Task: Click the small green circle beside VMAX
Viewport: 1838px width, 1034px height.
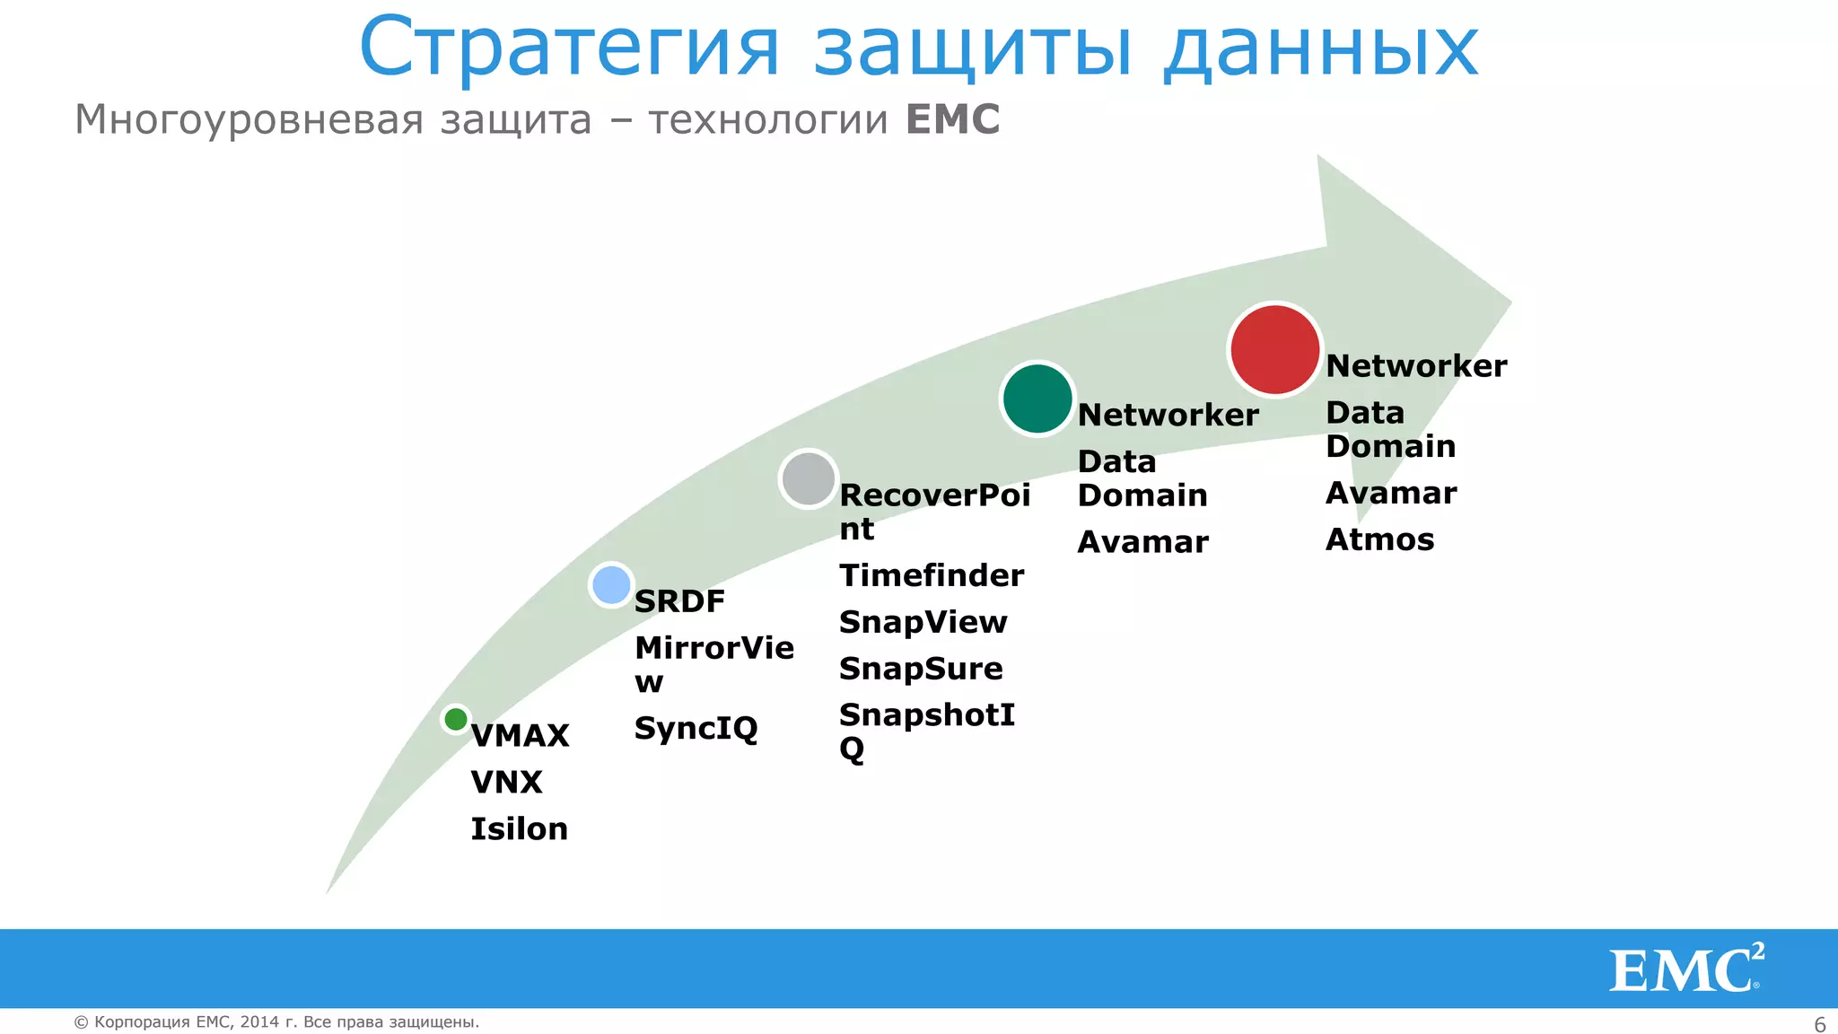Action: point(456,719)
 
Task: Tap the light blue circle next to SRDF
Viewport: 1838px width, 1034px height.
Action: point(611,585)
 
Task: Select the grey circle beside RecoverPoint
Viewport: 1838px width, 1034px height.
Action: point(809,478)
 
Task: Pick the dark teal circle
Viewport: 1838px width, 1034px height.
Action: point(1037,399)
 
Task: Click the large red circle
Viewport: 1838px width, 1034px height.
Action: point(1274,349)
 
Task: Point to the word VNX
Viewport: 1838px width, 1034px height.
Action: point(506,782)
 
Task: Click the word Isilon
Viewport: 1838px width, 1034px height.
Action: point(519,828)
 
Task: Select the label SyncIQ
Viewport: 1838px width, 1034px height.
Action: point(696,728)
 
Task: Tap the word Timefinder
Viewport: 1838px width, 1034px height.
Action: point(931,575)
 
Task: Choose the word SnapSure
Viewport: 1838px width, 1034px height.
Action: point(920,669)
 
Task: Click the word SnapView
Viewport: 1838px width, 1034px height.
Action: point(923,622)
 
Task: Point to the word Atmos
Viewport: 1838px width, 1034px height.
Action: point(1379,539)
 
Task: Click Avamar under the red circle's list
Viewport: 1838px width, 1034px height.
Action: point(1390,493)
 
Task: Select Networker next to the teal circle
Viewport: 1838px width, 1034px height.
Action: point(1168,415)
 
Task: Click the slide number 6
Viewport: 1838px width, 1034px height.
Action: point(1819,1024)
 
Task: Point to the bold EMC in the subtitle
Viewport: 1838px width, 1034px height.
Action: point(952,119)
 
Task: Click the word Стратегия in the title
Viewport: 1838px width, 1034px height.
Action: point(569,48)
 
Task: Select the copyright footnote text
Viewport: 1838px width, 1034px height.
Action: point(276,1021)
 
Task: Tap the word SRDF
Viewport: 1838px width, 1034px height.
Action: point(678,601)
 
